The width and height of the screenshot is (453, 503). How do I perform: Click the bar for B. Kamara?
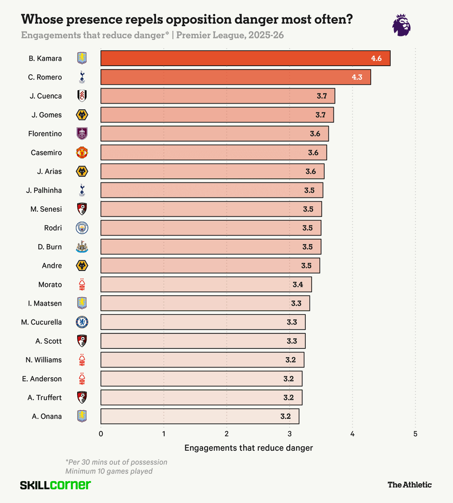[x=245, y=58]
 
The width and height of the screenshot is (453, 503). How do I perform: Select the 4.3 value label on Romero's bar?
[x=357, y=77]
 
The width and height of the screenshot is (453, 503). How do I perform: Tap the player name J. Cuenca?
[x=46, y=96]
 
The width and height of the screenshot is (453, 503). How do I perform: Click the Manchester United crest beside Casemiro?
[x=82, y=153]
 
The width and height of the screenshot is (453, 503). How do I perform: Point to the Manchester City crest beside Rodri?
[x=82, y=228]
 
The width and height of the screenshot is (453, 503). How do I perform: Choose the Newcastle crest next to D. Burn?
[x=82, y=247]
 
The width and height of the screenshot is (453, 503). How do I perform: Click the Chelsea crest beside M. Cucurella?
[x=82, y=322]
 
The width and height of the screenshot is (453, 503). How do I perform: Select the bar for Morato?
[x=206, y=285]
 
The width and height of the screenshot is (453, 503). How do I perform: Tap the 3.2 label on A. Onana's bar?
[x=286, y=417]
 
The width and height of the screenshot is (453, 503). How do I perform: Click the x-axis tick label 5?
[x=415, y=434]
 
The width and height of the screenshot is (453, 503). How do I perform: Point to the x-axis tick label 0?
[x=101, y=434]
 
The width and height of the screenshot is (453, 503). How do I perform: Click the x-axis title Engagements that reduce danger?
[x=249, y=448]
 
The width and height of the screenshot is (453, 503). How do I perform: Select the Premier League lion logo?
[x=401, y=25]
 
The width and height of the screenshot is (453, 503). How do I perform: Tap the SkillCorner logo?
[x=55, y=485]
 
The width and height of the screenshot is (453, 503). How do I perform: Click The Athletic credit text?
[x=409, y=485]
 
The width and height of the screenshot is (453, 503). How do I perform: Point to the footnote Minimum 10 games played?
[x=109, y=471]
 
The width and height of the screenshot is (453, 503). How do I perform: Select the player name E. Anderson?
[x=42, y=379]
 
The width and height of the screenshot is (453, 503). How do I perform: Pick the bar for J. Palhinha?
[x=212, y=190]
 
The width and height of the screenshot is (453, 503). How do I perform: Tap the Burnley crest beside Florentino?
[x=82, y=134]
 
